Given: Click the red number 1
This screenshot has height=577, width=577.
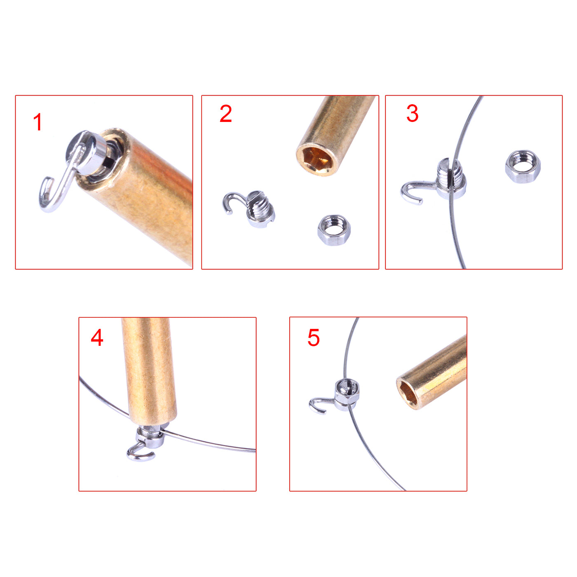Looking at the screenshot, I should [38, 122].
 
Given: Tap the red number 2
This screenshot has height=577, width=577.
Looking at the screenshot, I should [225, 114].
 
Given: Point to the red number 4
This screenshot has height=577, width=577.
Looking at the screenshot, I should [97, 338].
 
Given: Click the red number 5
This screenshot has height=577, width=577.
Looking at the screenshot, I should [313, 338].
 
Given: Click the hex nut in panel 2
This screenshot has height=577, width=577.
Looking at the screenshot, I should [334, 230].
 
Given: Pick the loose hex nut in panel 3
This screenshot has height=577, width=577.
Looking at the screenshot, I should [523, 167].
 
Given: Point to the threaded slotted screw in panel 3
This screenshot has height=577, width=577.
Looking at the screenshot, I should [452, 179].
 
